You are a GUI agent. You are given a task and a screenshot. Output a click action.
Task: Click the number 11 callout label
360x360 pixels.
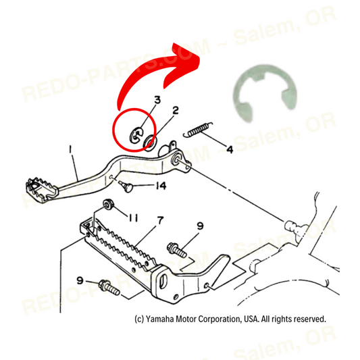point(133,217)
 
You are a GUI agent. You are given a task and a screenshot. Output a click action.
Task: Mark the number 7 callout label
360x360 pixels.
point(159,221)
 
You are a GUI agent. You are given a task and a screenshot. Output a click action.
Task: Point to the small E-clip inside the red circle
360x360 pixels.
point(135,136)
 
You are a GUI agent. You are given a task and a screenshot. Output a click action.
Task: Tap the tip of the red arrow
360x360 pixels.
point(205,56)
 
